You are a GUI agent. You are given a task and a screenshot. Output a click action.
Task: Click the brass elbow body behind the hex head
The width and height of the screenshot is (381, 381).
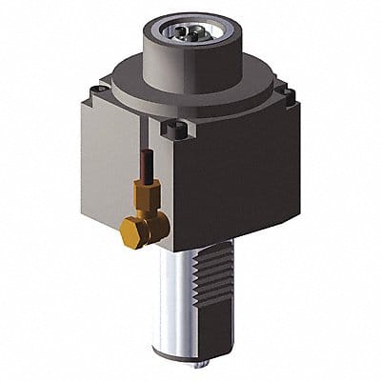click(x=152, y=224)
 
